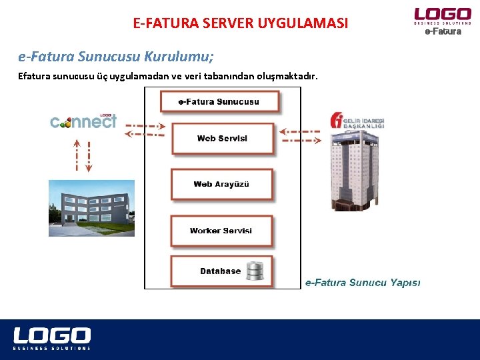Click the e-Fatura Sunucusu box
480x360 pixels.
click(219, 102)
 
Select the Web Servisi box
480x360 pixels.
click(222, 139)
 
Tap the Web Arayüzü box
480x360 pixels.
click(221, 184)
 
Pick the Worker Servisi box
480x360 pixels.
click(221, 231)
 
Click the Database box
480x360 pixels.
click(221, 271)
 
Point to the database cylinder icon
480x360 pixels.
click(255, 271)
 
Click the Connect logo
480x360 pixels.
click(83, 121)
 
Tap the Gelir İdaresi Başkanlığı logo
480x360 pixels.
click(357, 122)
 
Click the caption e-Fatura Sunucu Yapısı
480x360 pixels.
click(363, 283)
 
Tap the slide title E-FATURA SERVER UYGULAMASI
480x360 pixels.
click(241, 24)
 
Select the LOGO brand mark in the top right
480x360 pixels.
click(442, 15)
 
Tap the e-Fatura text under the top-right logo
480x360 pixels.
click(443, 31)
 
